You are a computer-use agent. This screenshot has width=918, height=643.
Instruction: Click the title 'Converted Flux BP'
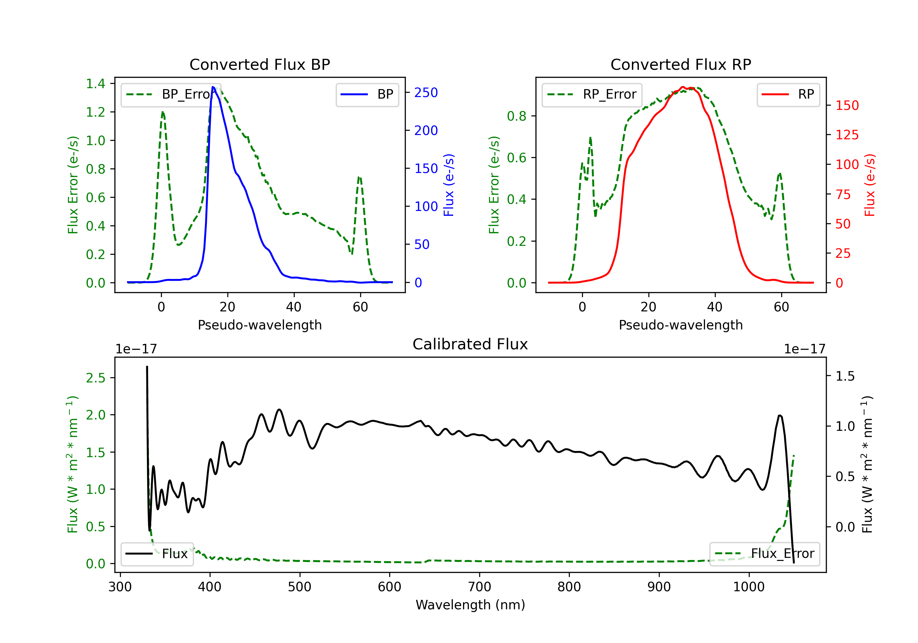pyautogui.click(x=259, y=64)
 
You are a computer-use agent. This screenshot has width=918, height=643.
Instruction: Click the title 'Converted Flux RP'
pyautogui.click(x=681, y=64)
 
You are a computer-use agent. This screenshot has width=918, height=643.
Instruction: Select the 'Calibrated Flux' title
pyautogui.click(x=470, y=344)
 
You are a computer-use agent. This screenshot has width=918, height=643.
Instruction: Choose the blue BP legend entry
pyautogui.click(x=367, y=94)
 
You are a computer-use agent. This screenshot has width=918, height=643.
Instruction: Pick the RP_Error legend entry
pyautogui.click(x=592, y=94)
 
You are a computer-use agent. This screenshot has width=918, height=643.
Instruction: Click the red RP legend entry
pyautogui.click(x=788, y=94)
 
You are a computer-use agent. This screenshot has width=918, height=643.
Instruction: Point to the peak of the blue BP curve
pyautogui.click(x=213, y=87)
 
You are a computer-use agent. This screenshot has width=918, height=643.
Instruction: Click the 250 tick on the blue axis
pyautogui.click(x=426, y=92)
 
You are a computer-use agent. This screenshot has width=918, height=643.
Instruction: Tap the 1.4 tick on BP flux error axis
pyautogui.click(x=95, y=83)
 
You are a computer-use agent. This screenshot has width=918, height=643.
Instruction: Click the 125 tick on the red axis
pyautogui.click(x=847, y=135)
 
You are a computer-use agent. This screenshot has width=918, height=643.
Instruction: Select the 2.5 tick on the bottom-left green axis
pyautogui.click(x=95, y=378)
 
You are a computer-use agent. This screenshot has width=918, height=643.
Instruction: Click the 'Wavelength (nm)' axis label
pyautogui.click(x=470, y=605)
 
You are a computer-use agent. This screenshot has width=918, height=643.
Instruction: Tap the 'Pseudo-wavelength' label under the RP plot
pyautogui.click(x=681, y=325)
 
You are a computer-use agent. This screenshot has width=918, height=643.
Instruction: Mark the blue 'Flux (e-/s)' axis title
pyautogui.click(x=449, y=185)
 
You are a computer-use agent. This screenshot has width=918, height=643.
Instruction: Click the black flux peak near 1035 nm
pyautogui.click(x=780, y=416)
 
